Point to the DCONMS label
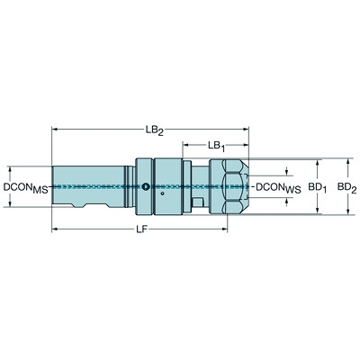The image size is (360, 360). pos(24,188)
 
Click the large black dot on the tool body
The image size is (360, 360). pos(147,187)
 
